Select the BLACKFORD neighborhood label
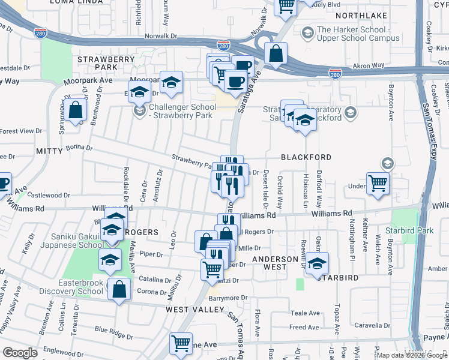pyautogui.click(x=306, y=157)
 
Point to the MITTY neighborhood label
pyautogui.click(x=49, y=149)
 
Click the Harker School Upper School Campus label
pyautogui.click(x=358, y=34)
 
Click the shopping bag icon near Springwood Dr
pyautogui.click(x=76, y=110)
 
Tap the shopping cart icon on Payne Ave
pyautogui.click(x=181, y=344)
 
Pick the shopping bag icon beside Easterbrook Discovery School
pyautogui.click(x=119, y=289)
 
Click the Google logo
pyautogui.click(x=20, y=353)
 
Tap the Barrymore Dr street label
pyautogui.click(x=228, y=298)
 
